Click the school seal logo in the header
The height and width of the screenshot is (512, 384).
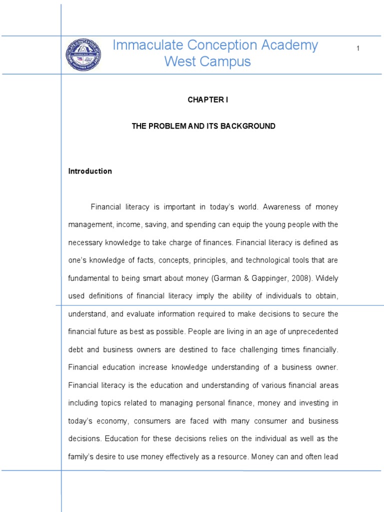tap(83, 54)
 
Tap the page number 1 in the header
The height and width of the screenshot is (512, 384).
tap(358, 48)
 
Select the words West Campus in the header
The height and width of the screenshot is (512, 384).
tap(207, 62)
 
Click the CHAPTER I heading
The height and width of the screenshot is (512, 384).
tap(207, 100)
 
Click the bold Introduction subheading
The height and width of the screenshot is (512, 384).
tap(90, 171)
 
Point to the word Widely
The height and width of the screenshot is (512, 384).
tap(327, 278)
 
